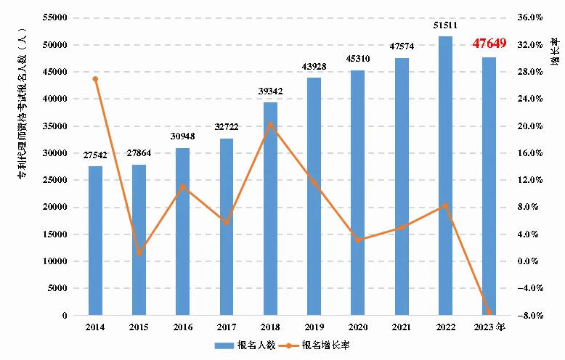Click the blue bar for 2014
95,240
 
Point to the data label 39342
270,92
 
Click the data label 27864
139,155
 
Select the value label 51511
445,26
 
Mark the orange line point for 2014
95,78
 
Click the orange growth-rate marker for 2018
270,124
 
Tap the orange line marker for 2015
139,253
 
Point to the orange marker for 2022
445,205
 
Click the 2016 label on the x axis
182,328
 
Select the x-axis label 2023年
491,328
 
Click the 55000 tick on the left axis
56,17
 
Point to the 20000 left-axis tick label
56,208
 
